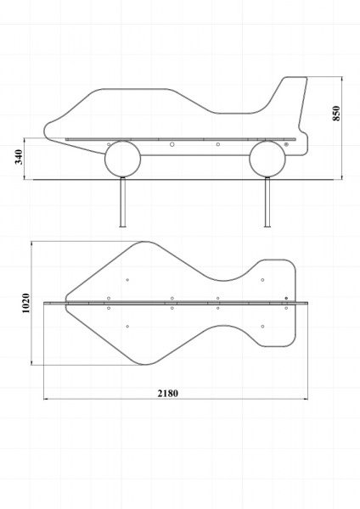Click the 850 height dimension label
click(x=336, y=114)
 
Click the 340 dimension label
click(x=19, y=157)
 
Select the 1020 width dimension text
click(x=25, y=303)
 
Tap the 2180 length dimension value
click(x=168, y=393)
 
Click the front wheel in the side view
click(x=122, y=159)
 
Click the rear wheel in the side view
click(x=267, y=159)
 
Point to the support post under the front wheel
click(x=122, y=202)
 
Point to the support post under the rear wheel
click(x=267, y=202)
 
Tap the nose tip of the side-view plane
click(x=44, y=131)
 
